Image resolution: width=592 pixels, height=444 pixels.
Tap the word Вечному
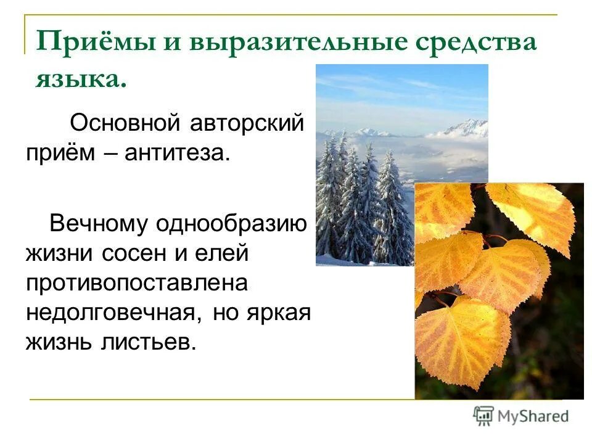99,223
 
